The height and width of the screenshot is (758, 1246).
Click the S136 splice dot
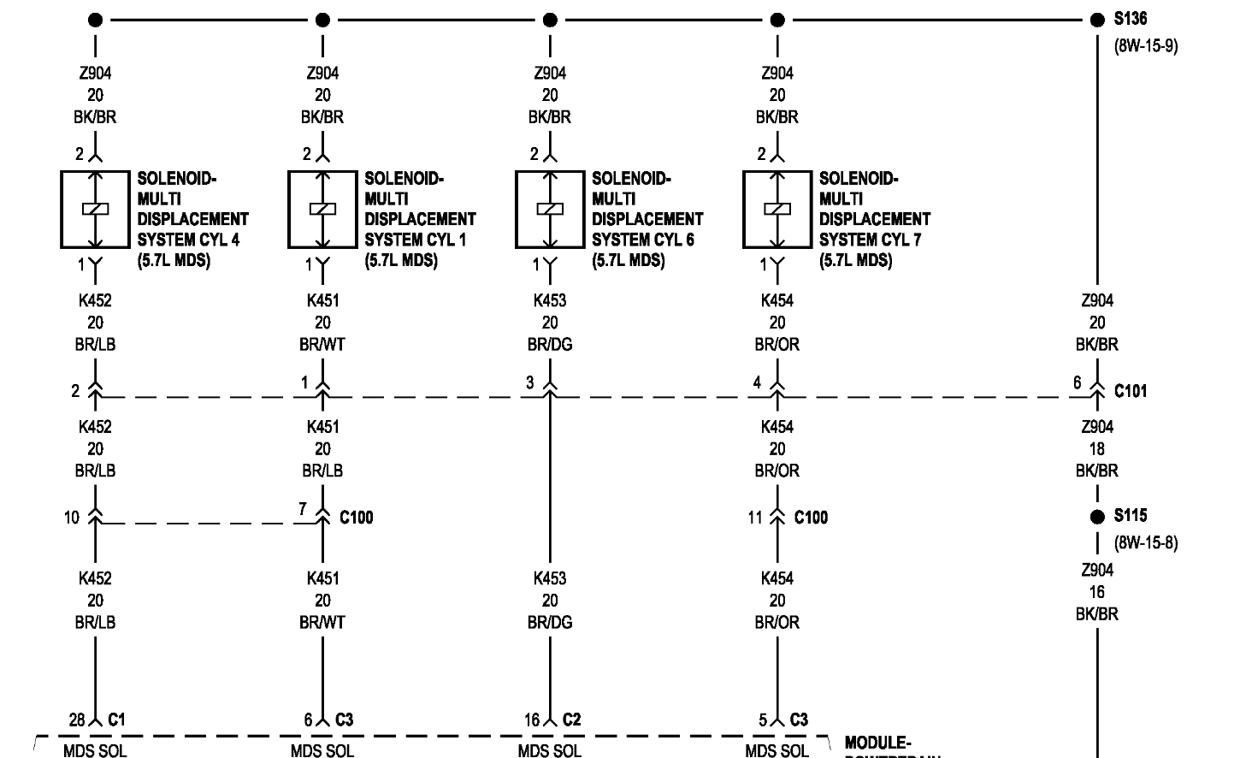point(1097,20)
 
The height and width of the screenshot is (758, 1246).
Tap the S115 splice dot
point(1097,517)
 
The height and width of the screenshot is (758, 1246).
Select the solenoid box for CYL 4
point(94,210)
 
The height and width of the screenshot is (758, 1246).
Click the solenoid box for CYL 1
point(322,210)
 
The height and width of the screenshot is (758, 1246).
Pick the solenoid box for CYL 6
point(549,210)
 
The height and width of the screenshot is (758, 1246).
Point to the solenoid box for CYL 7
point(777,210)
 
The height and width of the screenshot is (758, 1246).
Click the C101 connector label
point(1131,391)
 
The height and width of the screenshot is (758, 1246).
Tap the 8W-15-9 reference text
point(1145,45)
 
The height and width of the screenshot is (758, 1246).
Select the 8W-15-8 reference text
point(1145,542)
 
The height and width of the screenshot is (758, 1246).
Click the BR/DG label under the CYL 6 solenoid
point(550,345)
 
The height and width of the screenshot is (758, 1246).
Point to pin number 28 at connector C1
point(77,720)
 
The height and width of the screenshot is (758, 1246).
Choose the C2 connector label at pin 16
point(571,720)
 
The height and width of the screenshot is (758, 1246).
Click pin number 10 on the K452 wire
point(71,517)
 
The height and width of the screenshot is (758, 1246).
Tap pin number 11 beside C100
point(754,517)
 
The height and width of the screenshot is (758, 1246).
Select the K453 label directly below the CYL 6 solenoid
point(550,300)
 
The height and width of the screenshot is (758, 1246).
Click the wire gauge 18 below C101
point(1097,448)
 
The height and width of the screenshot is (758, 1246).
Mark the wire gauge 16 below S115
point(1097,592)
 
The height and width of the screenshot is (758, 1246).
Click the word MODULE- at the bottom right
point(877,743)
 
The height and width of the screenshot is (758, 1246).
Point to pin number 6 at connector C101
point(1078,382)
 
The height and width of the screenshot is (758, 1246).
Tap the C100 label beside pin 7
point(356,517)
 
